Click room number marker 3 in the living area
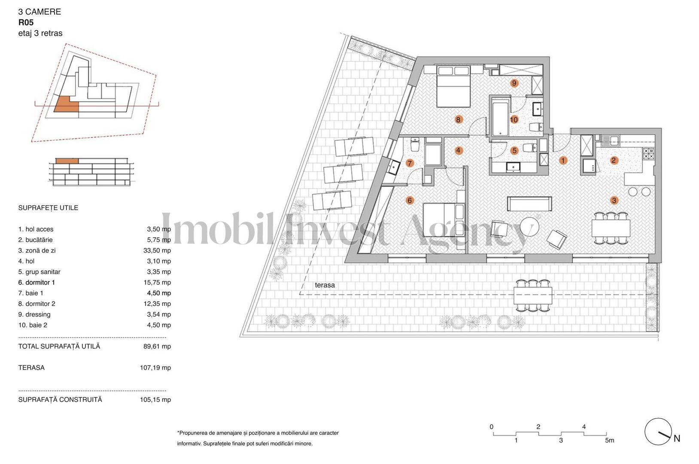pos(614,200)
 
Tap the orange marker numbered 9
pos(514,83)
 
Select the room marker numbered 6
pos(410,200)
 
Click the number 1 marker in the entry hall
pos(563,160)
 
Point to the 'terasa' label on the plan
pos(325,285)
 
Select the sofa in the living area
pos(529,204)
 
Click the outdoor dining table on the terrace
pos(533,295)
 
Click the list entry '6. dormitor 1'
pos(36,282)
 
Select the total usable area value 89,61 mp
pos(157,346)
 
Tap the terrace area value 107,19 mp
pos(155,368)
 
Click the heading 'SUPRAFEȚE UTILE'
pos(48,208)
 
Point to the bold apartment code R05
pos(26,23)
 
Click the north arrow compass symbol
pos(658,431)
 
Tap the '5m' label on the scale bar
pos(609,440)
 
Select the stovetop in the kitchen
pos(648,151)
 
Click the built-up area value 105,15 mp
pos(155,400)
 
